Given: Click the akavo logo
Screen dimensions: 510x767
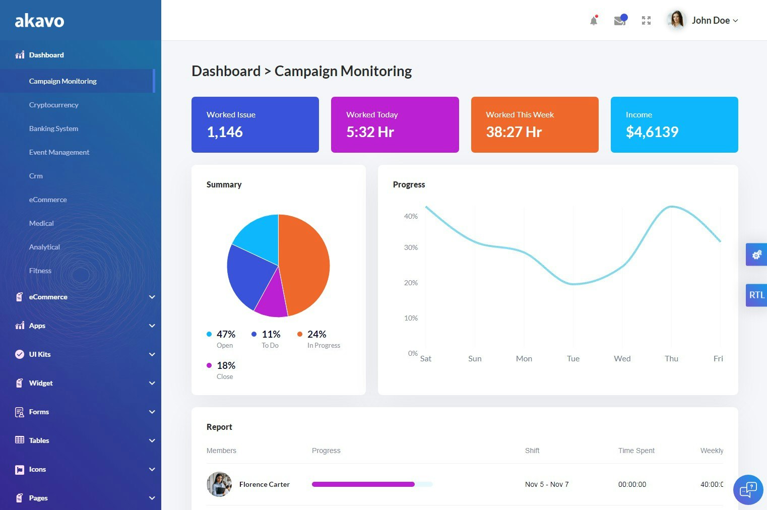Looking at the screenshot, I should [x=39, y=21].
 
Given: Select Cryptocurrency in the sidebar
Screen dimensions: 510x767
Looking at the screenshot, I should [x=54, y=105].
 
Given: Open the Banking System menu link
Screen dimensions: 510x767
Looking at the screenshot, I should [x=54, y=129].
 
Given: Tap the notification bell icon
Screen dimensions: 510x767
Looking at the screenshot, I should [x=594, y=21].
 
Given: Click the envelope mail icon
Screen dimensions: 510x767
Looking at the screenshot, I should [x=619, y=21].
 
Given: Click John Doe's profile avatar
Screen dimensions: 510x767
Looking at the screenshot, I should [x=676, y=20].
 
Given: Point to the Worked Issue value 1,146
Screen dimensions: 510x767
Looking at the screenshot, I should [x=225, y=132].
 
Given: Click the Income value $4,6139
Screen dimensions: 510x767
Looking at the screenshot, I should [x=652, y=132].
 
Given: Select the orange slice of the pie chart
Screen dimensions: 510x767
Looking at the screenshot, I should [x=305, y=262].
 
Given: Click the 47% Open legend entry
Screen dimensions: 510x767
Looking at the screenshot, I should [x=222, y=339].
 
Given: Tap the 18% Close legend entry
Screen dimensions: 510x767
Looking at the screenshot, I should [x=222, y=370].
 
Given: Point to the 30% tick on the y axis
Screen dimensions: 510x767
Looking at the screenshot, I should [x=411, y=247].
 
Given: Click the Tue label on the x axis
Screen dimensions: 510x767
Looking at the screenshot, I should [x=573, y=359].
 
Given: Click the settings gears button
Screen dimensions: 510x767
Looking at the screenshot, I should [x=756, y=254].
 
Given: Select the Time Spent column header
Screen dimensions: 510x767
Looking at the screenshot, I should [x=636, y=451].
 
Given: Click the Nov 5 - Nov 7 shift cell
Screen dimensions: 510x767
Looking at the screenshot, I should [x=547, y=484].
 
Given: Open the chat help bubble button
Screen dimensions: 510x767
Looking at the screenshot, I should [x=748, y=489].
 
